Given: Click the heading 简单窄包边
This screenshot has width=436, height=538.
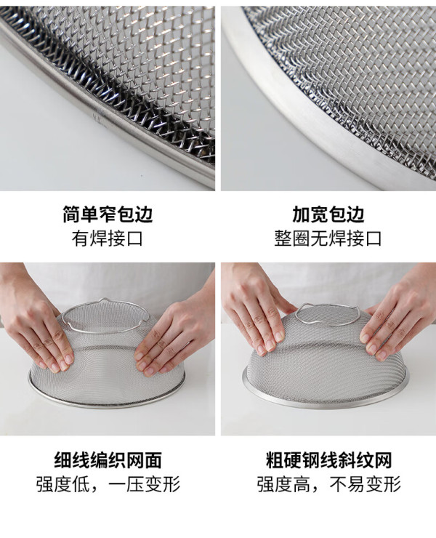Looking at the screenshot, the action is pyautogui.click(x=108, y=214).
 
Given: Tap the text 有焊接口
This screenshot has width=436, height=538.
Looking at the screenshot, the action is pyautogui.click(x=107, y=238).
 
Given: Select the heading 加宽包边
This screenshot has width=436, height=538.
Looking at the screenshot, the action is pyautogui.click(x=328, y=214).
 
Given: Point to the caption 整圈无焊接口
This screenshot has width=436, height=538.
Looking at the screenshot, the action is pyautogui.click(x=328, y=238).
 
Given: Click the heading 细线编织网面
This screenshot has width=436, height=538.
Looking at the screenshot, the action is pyautogui.click(x=108, y=460).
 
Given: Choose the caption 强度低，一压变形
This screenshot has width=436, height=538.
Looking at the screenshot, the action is pyautogui.click(x=108, y=484).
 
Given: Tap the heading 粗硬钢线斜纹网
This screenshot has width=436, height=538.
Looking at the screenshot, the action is pyautogui.click(x=328, y=460).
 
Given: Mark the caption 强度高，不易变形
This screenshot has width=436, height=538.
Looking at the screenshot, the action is pyautogui.click(x=328, y=484).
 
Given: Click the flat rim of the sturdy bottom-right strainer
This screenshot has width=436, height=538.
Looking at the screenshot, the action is pyautogui.click(x=326, y=401).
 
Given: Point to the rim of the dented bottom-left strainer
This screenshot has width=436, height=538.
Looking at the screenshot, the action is pyautogui.click(x=106, y=406).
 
